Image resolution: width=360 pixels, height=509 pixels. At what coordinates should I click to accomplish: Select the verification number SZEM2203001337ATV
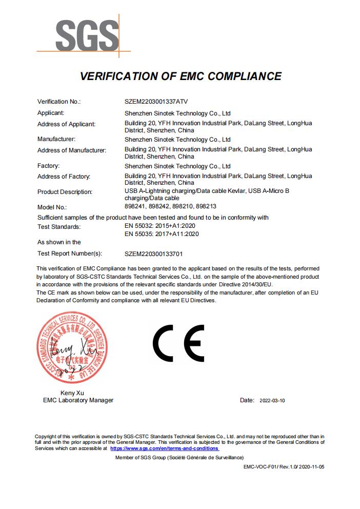click(159, 102)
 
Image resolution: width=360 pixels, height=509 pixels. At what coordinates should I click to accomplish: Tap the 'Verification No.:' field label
click(59, 102)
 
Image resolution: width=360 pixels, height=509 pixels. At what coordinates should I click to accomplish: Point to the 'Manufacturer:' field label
click(56, 139)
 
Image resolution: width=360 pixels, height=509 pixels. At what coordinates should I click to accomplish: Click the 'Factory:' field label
click(49, 166)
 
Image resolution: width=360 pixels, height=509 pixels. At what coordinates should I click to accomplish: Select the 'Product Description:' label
click(65, 192)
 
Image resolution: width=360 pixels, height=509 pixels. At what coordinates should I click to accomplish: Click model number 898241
click(136, 207)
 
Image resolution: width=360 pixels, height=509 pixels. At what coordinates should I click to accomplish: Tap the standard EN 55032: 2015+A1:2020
click(160, 226)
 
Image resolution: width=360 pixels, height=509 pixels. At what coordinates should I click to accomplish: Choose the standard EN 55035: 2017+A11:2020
click(162, 234)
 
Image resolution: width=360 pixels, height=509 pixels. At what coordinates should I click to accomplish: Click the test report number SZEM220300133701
click(154, 253)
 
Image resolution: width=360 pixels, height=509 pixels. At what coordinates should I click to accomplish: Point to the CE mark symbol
click(179, 343)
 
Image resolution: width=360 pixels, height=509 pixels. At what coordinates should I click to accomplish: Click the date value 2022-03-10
click(272, 400)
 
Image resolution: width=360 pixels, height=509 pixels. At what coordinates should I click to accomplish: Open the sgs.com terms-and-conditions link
click(165, 448)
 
